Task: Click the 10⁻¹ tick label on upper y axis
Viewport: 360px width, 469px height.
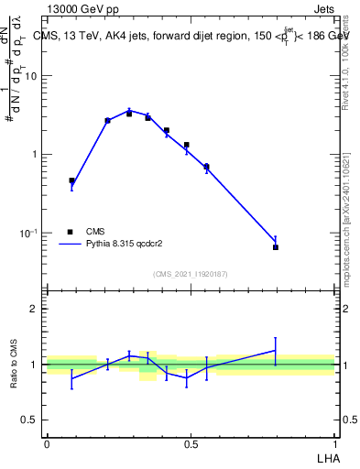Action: click(x=28, y=234)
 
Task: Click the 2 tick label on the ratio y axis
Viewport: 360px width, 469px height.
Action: click(x=33, y=309)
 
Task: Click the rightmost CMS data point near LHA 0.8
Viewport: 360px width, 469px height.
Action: click(x=276, y=247)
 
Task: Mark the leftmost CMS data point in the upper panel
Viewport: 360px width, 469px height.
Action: click(x=71, y=181)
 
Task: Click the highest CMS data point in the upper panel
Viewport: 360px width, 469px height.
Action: click(x=129, y=114)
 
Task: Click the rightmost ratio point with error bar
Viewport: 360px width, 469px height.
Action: click(x=276, y=350)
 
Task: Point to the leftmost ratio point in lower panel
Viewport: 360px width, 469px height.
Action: click(x=71, y=377)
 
